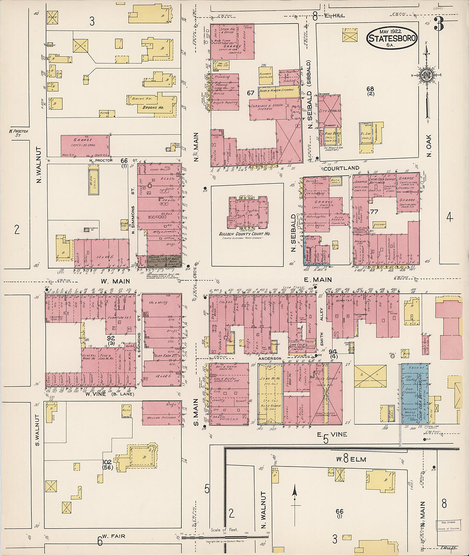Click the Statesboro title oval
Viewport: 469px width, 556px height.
coord(391,38)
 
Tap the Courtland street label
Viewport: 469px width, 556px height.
coord(341,168)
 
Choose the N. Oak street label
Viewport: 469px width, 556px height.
coord(429,146)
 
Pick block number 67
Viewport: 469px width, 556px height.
coord(250,92)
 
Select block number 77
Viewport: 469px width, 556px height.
coord(374,212)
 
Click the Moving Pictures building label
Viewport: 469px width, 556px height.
coord(162,418)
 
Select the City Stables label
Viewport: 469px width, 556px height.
coord(329,111)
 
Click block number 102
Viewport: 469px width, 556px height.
coord(107,462)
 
